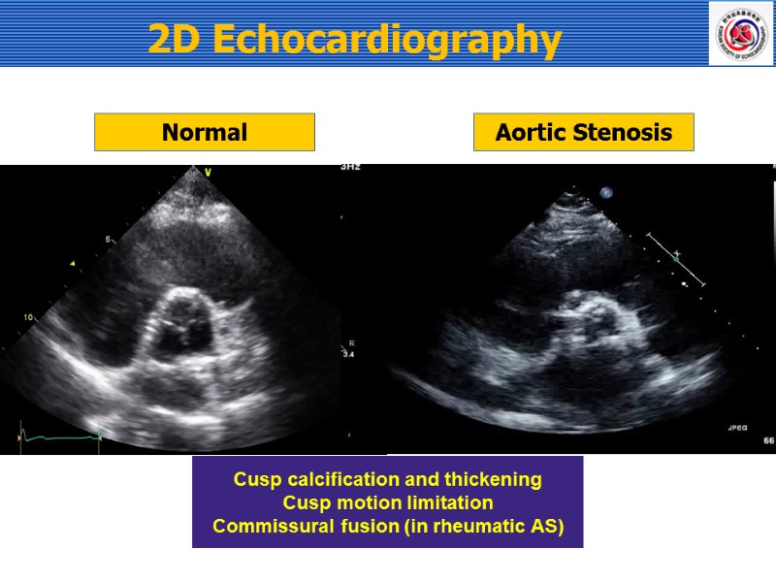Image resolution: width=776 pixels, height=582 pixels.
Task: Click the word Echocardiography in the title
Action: click(x=385, y=40)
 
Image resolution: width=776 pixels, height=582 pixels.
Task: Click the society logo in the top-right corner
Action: click(x=740, y=33)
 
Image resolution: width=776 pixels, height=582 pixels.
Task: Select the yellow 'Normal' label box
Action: click(x=205, y=132)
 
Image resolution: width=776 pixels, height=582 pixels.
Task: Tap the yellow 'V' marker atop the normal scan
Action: click(x=208, y=173)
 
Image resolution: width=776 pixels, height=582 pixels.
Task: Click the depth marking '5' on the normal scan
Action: click(x=110, y=239)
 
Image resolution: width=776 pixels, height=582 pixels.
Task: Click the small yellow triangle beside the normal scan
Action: click(x=72, y=264)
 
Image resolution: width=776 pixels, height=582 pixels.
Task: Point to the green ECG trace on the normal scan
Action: click(x=58, y=438)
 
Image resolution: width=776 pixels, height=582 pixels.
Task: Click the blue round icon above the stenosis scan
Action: click(x=606, y=193)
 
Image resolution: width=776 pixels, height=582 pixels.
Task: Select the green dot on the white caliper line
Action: click(x=676, y=258)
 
